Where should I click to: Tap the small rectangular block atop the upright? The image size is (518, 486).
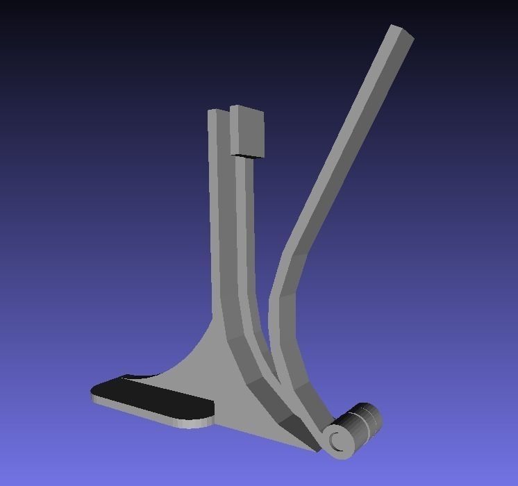click(248, 131)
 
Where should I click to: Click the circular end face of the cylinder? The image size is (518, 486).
click(338, 440)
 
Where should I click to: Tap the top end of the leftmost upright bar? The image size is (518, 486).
click(217, 113)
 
